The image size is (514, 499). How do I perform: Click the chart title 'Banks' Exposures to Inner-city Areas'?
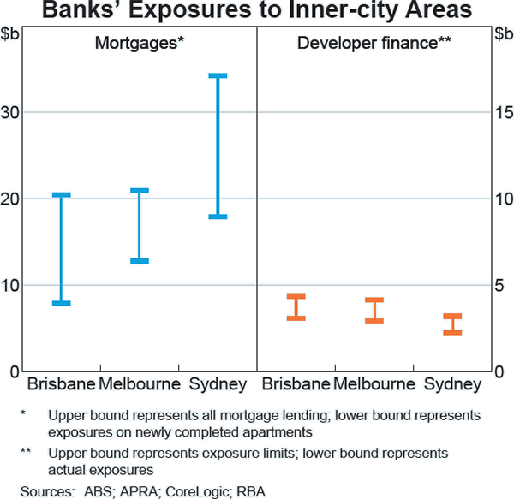257,11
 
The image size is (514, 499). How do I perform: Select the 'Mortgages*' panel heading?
140,43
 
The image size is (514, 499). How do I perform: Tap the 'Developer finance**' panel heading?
374,43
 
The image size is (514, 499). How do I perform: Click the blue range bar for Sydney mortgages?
218,146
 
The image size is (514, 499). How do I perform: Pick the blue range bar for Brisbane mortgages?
61,248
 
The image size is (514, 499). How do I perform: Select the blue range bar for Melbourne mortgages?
140,225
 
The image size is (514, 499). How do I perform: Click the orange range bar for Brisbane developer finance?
296,307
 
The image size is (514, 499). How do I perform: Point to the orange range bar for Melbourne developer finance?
374,310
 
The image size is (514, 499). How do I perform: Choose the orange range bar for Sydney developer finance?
452,324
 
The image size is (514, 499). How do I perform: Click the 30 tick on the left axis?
13,112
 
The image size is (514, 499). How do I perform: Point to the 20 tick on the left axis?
13,199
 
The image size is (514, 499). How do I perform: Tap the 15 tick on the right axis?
502,112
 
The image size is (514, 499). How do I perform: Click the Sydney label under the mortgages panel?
218,383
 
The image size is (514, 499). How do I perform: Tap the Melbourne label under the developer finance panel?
374,383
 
